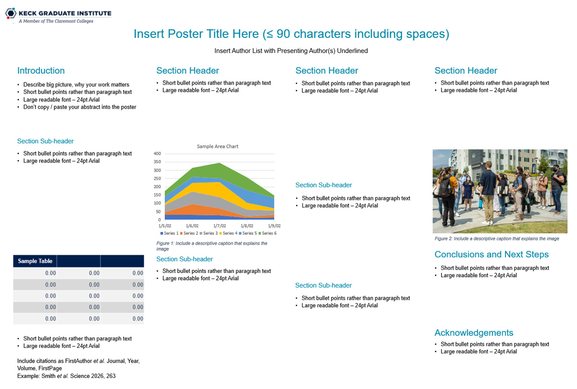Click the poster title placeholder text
(x=291, y=34)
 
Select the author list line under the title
(x=291, y=51)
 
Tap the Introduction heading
(x=41, y=71)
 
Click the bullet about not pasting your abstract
(x=80, y=107)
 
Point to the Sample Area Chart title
(x=218, y=146)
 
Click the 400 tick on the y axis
(x=157, y=154)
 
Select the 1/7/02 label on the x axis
(x=220, y=226)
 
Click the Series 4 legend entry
(x=228, y=233)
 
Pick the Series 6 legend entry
(x=268, y=233)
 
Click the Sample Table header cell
(x=35, y=261)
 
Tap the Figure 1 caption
(x=211, y=246)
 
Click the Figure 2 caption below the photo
(x=497, y=239)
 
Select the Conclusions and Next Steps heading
(x=491, y=255)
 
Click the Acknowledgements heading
(x=474, y=333)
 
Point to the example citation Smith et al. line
(x=66, y=376)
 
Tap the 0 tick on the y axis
(x=159, y=220)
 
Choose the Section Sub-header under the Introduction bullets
(x=46, y=141)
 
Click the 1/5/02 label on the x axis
(x=165, y=226)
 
